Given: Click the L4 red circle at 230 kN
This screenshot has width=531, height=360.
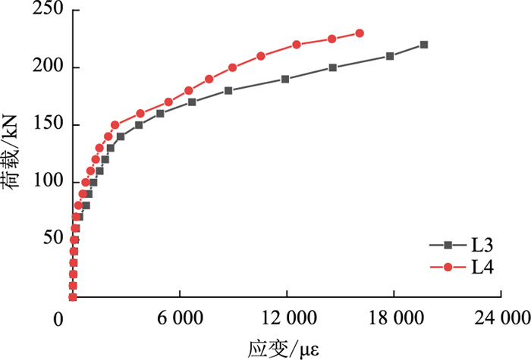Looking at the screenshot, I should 360,33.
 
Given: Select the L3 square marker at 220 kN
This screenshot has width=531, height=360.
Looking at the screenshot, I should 423,45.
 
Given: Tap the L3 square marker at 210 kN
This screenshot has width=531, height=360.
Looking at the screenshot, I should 390,56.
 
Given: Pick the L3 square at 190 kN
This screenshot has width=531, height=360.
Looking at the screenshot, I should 285,79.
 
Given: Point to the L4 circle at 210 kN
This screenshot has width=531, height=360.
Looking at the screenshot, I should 261,56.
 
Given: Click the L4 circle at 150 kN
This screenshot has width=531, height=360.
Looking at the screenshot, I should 115,125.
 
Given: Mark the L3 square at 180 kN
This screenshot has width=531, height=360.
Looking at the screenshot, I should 228,90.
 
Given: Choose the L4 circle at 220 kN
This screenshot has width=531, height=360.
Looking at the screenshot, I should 297,45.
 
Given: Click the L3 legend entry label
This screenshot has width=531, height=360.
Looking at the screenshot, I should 482,245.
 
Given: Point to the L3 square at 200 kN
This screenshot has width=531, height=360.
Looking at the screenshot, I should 333,67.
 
